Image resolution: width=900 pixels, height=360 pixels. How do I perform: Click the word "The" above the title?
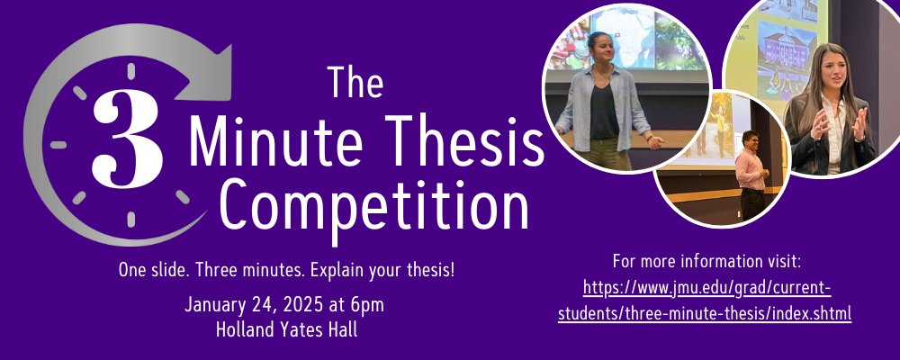coord(355,84)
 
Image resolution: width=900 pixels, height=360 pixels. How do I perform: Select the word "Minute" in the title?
coord(269,144)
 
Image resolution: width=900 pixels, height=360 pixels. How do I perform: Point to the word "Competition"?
coord(374,205)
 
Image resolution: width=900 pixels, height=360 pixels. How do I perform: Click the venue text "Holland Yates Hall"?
coord(286,328)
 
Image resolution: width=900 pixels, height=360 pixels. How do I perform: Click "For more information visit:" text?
coord(706,262)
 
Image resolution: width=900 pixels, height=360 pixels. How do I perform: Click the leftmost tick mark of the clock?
coord(59,144)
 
